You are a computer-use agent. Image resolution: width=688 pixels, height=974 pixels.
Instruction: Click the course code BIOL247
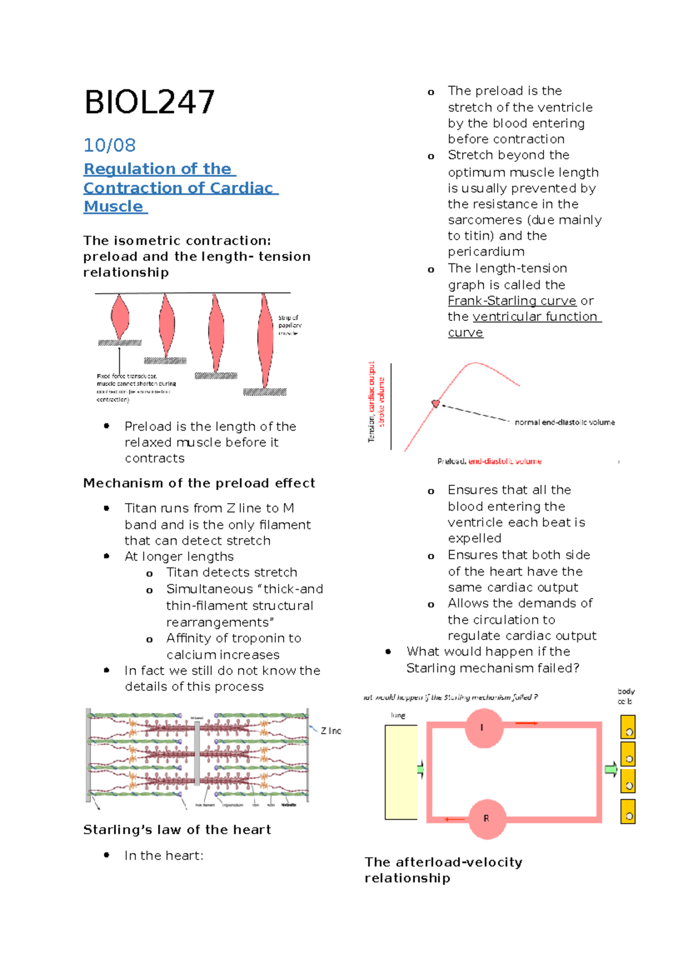150,103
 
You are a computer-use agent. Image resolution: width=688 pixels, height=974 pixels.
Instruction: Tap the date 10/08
110,145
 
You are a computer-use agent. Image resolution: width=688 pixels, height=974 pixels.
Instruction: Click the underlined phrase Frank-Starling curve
511,301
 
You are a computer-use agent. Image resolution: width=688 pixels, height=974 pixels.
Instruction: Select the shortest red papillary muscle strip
119,317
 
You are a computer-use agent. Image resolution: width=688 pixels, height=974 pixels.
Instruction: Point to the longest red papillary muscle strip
265,341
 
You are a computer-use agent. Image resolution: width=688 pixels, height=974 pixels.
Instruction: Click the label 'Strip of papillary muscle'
290,325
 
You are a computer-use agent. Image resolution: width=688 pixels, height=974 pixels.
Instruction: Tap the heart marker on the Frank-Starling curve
436,404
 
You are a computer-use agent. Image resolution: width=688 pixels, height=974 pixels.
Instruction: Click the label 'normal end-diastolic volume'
564,422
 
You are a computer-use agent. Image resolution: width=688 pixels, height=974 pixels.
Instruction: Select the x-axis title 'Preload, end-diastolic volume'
489,461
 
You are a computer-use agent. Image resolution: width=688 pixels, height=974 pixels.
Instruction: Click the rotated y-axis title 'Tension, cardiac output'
372,402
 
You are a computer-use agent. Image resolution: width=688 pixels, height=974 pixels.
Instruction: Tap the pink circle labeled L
484,728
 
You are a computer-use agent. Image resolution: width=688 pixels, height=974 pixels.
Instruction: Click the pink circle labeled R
487,819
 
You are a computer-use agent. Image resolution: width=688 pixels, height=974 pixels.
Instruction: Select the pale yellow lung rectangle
401,772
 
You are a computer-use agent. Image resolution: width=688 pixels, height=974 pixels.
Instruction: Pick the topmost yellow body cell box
628,727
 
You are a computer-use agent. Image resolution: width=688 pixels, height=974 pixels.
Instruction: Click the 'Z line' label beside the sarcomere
331,731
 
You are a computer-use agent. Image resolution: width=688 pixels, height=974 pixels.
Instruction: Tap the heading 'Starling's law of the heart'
177,829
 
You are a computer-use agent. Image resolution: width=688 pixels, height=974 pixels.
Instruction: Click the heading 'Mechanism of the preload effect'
199,483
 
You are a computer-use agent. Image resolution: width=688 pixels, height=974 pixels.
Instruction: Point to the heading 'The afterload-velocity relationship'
443,870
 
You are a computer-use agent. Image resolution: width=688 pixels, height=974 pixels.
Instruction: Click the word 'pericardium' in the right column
486,252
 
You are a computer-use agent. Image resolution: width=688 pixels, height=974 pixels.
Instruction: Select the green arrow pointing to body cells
611,770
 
